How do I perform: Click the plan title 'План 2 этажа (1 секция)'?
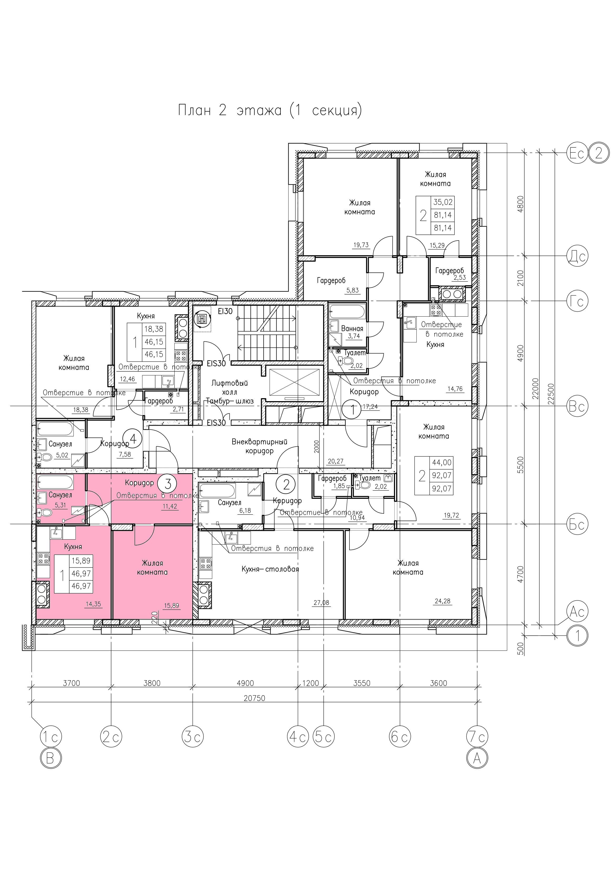tap(270, 110)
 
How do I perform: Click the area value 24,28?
tap(442, 601)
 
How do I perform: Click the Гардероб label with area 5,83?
tap(331, 281)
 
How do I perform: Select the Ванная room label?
tap(352, 329)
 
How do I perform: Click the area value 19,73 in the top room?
tap(361, 245)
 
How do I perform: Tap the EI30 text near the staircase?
tap(225, 311)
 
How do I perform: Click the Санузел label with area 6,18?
tap(229, 503)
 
